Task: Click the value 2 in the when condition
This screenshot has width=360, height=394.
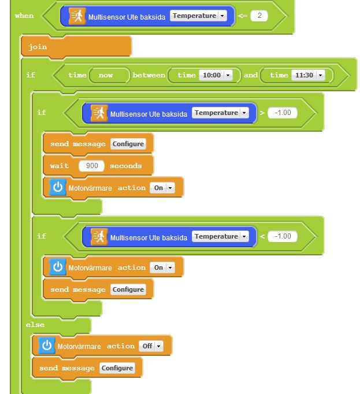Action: click(259, 16)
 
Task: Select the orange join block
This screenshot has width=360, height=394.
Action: click(76, 47)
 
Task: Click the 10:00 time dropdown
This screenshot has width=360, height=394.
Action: click(216, 75)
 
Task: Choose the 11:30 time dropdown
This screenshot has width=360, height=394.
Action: click(308, 75)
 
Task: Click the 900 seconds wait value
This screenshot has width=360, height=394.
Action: click(91, 166)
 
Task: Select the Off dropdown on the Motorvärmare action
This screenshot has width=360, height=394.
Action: click(151, 346)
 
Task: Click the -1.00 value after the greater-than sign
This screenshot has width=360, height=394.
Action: click(283, 113)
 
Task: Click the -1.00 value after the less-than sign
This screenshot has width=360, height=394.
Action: click(283, 236)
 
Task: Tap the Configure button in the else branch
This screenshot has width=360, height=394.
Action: click(117, 368)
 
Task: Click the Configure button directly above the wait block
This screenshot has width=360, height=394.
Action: click(128, 144)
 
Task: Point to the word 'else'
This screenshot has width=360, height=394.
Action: click(35, 325)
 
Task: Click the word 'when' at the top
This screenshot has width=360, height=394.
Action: click(24, 16)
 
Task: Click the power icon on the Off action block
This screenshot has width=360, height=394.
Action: click(47, 345)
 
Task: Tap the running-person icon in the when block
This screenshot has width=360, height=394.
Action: click(77, 16)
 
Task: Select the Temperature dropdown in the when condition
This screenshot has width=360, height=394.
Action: click(198, 16)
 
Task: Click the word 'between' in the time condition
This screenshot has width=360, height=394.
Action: click(149, 75)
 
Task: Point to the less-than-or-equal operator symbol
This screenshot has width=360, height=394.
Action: click(242, 16)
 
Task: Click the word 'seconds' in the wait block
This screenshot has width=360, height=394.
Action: click(126, 166)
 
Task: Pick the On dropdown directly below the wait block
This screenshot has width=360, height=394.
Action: click(162, 188)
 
